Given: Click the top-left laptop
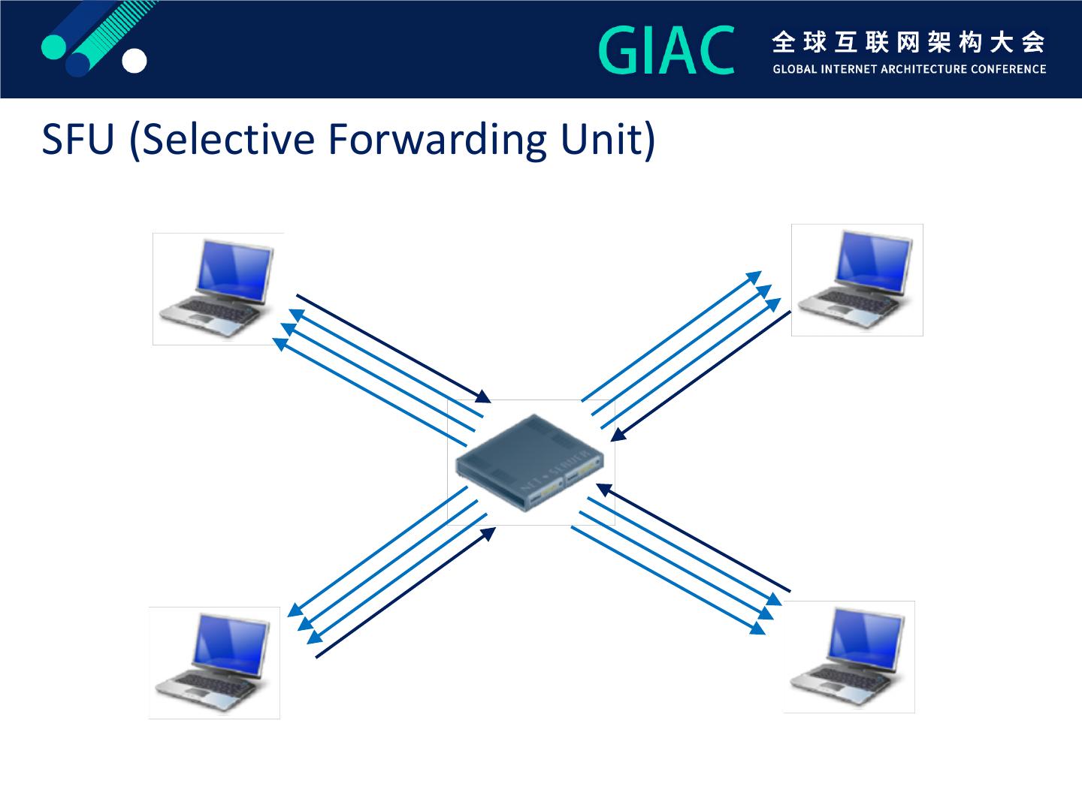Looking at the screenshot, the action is pos(218,289).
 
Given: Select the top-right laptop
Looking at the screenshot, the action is pos(857,280).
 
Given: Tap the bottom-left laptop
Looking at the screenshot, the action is pos(214,663).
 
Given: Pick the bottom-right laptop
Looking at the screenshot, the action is pos(849,657).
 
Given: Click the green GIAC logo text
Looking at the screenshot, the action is pos(666,51).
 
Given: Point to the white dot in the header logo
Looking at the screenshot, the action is pos(134,62).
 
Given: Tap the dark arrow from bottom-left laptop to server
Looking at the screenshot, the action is pos(406,592).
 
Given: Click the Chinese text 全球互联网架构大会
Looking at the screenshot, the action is pos(908,43).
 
